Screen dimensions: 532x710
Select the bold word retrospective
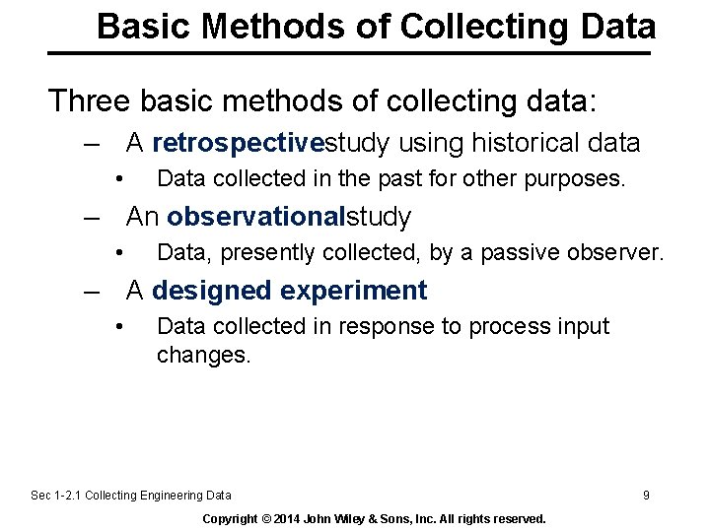click(239, 144)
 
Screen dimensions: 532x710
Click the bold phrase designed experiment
click(290, 291)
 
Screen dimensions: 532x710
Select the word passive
click(511, 253)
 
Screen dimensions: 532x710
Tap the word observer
click(616, 253)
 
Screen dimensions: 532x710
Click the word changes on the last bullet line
click(203, 355)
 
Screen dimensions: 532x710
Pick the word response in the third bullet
click(385, 326)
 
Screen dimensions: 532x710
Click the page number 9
click(646, 496)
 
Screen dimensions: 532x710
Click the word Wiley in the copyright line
click(362, 518)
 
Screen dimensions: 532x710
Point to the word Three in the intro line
click(92, 100)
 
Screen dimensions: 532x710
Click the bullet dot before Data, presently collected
click(117, 252)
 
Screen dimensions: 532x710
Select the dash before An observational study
click(95, 217)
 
